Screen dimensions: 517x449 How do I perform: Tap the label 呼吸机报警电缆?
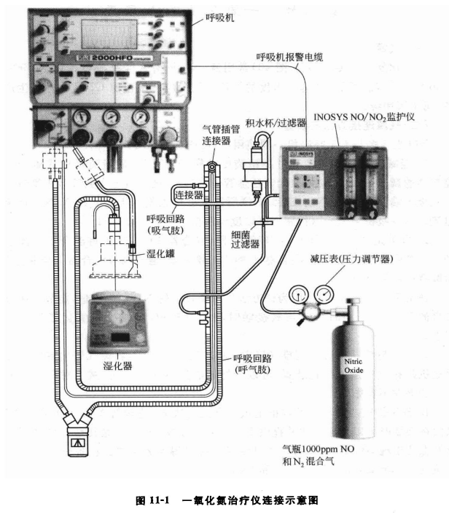click(289, 57)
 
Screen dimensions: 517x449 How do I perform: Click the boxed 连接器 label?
click(190, 194)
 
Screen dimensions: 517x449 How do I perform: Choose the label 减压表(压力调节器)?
click(352, 259)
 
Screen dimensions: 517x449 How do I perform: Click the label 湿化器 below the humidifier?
click(119, 366)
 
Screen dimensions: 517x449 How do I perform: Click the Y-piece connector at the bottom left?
click(78, 420)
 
